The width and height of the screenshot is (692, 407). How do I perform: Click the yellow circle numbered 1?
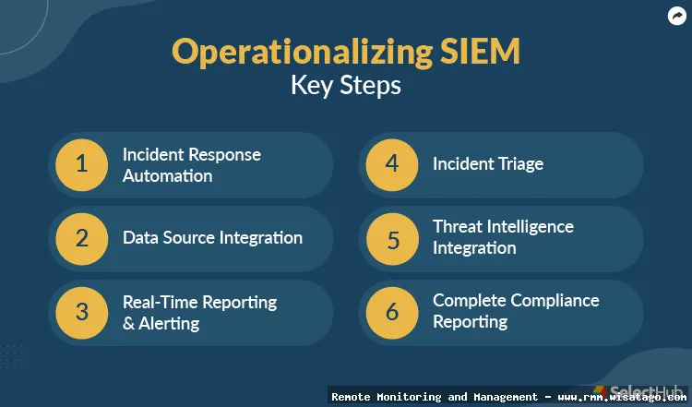81,165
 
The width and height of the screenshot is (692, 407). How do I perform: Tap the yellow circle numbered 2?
81,239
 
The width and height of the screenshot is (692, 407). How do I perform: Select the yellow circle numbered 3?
81,313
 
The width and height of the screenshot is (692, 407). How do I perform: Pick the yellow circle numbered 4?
392,165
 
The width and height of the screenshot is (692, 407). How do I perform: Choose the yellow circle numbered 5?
392,239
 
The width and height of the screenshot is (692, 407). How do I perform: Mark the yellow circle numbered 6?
392,313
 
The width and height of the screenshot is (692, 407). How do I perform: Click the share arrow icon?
676,17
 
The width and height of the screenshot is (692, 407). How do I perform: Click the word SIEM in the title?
480,51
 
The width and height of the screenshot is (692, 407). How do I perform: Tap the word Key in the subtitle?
312,85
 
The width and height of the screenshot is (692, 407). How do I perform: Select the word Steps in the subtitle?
370,85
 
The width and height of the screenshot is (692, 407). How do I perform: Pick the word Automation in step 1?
168,175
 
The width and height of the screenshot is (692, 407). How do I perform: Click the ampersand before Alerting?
128,324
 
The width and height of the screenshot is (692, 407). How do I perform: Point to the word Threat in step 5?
458,226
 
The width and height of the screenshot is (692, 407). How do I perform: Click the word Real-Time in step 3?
161,303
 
